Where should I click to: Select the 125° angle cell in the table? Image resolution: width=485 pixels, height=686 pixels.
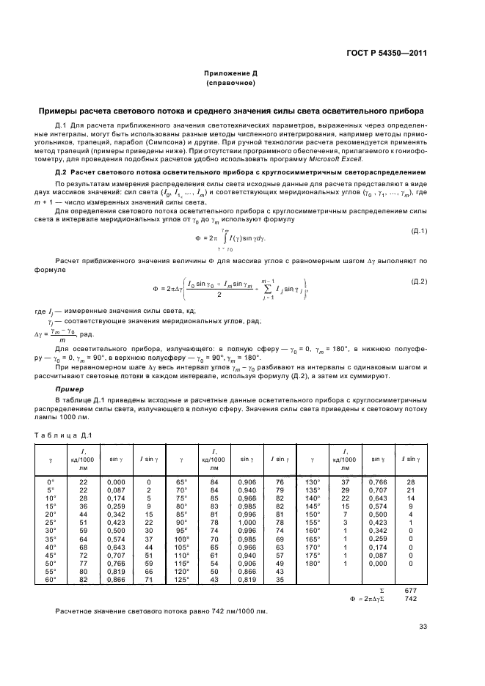point(181,579)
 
